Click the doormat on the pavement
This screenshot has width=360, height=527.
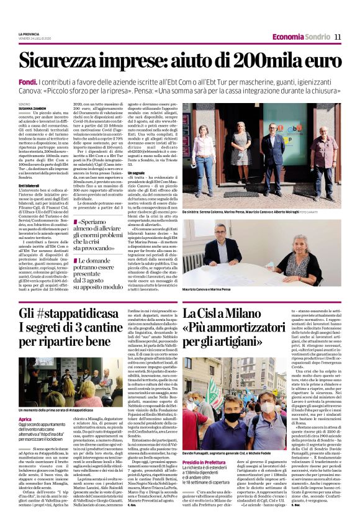click(241, 194)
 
